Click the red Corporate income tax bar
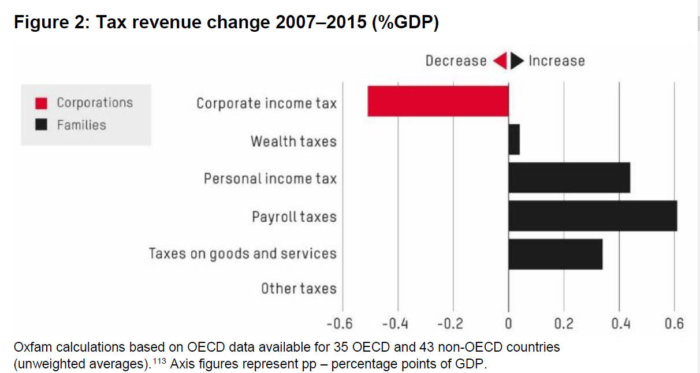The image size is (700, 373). point(438,101)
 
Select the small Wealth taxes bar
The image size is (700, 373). point(513,139)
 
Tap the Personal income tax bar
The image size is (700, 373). point(569,178)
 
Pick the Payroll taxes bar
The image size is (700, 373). point(593,216)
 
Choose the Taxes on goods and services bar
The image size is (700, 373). point(555,254)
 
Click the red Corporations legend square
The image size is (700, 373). point(41,103)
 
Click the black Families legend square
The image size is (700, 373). point(41,125)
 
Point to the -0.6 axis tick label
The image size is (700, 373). point(340,323)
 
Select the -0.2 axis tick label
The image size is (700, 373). point(450,323)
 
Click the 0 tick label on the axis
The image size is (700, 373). point(508,323)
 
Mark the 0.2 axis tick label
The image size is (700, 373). point(564,323)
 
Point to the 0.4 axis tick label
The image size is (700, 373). point(620,323)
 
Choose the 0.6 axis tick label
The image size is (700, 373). point(674,323)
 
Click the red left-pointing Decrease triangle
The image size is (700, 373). point(500,61)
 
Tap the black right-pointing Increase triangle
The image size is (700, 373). point(517,61)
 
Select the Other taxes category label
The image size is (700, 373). point(298,288)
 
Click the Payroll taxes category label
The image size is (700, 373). point(294,217)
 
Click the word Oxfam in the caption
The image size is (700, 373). point(31,348)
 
